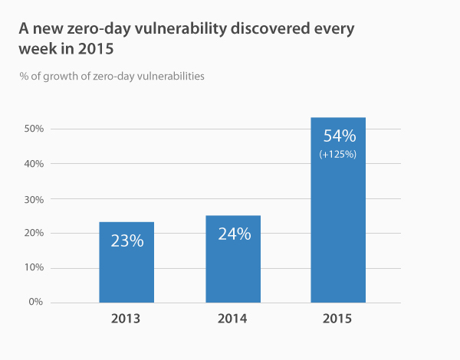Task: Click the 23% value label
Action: [127, 241]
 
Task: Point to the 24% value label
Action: [233, 234]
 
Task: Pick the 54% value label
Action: [338, 136]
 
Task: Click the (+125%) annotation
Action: [338, 155]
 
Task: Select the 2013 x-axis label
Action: [127, 318]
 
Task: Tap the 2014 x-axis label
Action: [232, 318]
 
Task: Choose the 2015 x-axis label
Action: [338, 318]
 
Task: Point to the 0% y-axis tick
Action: [35, 303]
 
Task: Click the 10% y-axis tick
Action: [33, 268]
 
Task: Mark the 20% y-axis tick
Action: [33, 234]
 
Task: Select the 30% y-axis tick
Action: [33, 199]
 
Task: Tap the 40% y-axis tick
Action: [33, 164]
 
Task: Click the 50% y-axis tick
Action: [33, 129]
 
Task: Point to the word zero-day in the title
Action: [93, 31]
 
